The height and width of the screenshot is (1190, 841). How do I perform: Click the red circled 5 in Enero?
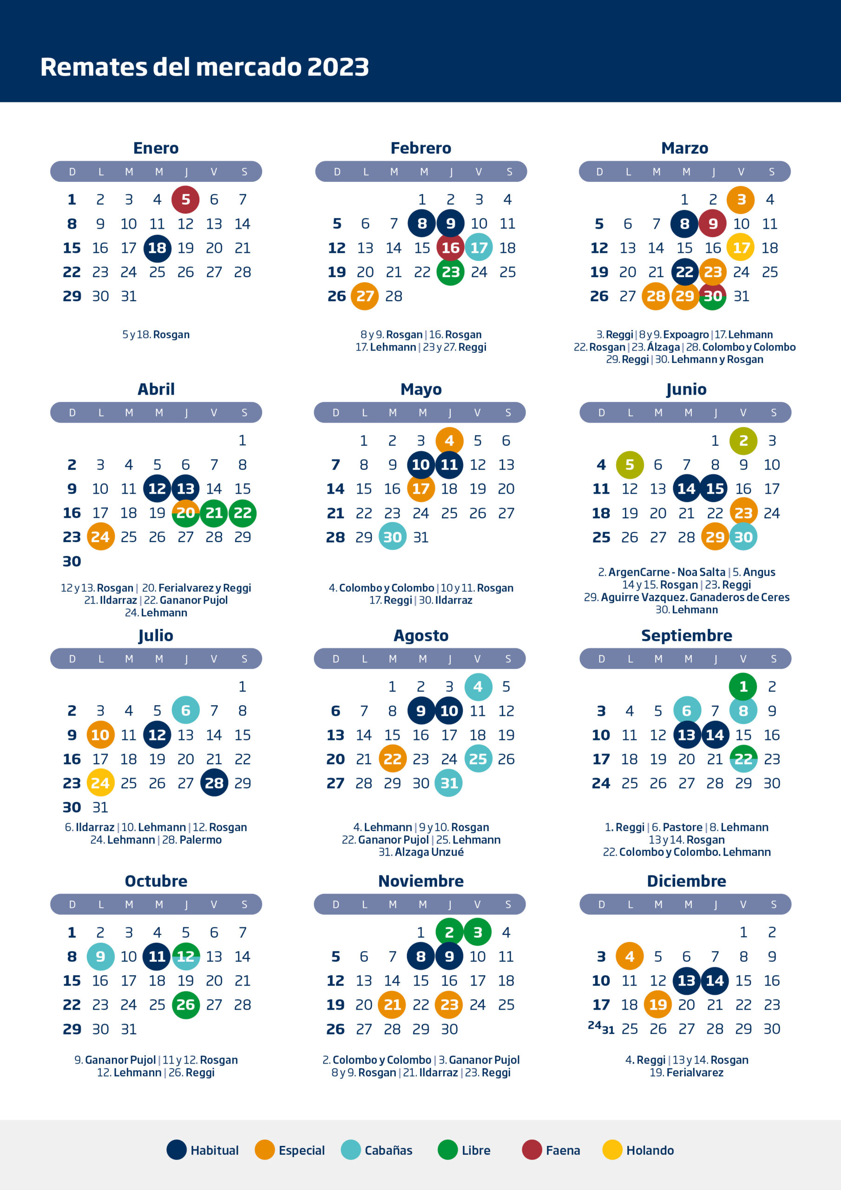click(185, 199)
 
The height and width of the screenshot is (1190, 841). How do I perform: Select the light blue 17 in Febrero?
click(479, 248)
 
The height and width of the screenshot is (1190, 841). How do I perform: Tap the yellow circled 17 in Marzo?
click(741, 248)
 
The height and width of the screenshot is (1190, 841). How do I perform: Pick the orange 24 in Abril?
click(100, 536)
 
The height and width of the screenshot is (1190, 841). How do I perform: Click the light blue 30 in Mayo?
click(392, 536)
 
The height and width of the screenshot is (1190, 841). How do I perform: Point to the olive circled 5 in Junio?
click(630, 464)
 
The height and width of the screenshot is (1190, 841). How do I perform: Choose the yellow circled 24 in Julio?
click(100, 783)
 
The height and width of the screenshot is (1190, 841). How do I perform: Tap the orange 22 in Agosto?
click(392, 759)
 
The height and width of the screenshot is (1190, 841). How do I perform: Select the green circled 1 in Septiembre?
click(743, 686)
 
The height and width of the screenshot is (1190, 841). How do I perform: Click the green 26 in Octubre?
click(185, 1005)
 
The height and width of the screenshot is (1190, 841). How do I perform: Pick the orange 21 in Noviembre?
click(392, 1005)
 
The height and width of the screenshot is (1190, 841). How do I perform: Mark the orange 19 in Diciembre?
click(657, 1005)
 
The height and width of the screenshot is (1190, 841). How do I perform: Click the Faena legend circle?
click(532, 1150)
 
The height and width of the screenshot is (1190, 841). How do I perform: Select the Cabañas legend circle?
click(351, 1150)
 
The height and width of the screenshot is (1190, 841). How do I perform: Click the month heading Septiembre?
click(687, 635)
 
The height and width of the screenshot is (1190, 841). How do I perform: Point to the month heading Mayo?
click(421, 389)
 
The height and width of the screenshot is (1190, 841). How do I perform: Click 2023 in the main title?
click(338, 67)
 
